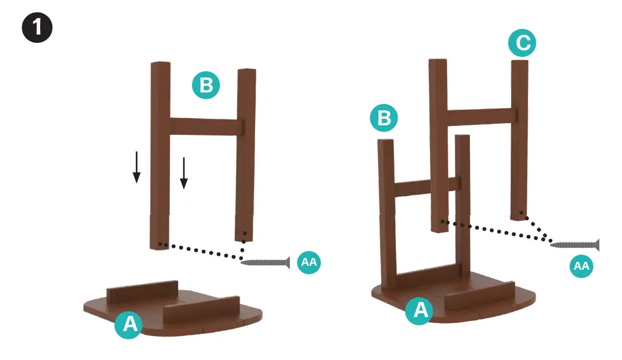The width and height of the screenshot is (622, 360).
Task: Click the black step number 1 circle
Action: (x=37, y=27)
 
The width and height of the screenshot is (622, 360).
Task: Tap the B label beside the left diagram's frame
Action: (x=206, y=85)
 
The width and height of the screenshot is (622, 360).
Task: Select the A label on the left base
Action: (x=129, y=324)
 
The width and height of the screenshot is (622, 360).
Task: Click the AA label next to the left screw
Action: (x=309, y=262)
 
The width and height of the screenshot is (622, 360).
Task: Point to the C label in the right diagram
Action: (x=522, y=42)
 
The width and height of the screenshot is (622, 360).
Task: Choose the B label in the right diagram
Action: (x=384, y=118)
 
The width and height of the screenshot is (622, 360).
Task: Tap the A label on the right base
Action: (x=419, y=310)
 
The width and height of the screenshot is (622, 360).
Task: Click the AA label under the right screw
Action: (x=581, y=265)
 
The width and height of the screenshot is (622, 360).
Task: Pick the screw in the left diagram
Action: (x=266, y=262)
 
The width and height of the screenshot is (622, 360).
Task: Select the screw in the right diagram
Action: (x=575, y=245)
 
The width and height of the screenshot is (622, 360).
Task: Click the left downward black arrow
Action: (x=136, y=167)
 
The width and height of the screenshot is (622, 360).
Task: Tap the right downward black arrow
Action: (x=184, y=173)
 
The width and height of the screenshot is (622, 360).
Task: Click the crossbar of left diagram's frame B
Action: (x=204, y=127)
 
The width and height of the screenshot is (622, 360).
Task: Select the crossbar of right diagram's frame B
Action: (x=428, y=187)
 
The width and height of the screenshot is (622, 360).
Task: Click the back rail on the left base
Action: (x=143, y=291)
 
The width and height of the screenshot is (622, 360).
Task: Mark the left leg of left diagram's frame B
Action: (x=160, y=155)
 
